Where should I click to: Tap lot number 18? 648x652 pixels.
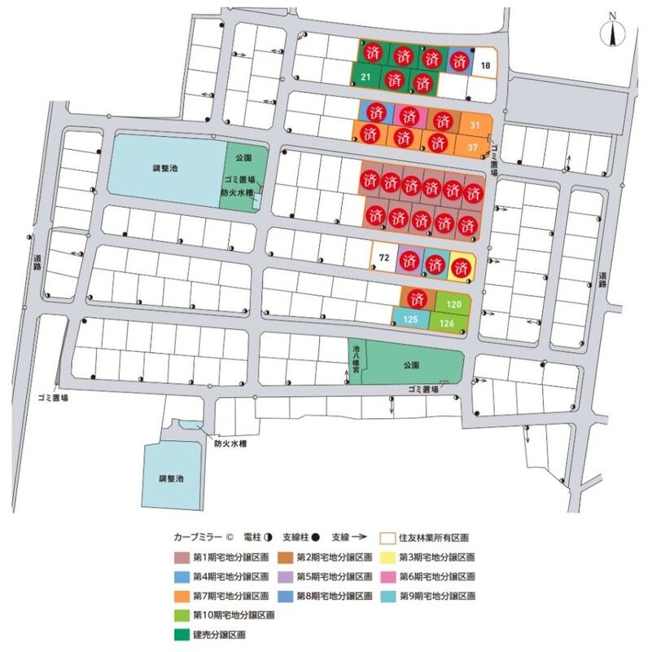point(485,65)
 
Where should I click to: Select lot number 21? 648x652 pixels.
point(366,77)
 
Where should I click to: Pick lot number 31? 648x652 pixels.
point(475,124)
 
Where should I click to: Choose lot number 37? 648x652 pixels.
point(473,147)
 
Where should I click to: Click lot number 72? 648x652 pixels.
point(383,258)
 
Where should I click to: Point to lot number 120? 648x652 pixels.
point(454,303)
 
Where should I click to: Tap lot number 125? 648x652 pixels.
point(411,320)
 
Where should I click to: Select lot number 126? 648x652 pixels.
point(447,324)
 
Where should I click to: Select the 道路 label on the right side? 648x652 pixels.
point(602,278)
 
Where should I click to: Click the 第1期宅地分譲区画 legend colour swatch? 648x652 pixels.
point(182,558)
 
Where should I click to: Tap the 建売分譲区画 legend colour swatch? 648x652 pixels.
point(182,633)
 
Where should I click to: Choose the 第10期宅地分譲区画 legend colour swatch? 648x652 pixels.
point(182,615)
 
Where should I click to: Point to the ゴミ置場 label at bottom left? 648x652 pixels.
point(52,396)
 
